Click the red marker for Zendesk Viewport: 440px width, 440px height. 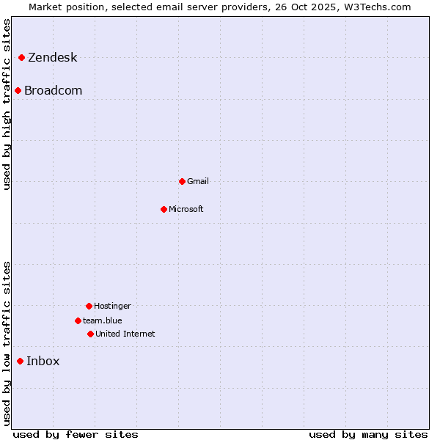coord(22,57)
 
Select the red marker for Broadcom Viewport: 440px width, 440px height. coord(18,90)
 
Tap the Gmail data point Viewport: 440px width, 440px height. coord(182,181)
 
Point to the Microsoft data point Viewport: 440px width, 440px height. coord(164,209)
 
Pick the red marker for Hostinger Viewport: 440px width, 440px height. coord(89,306)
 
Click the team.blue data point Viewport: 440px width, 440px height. coord(78,320)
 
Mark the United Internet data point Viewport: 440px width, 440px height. coord(90,334)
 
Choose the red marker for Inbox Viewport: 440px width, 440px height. coord(21,361)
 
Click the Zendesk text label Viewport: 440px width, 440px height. coord(52,58)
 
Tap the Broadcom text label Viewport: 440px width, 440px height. coord(53,91)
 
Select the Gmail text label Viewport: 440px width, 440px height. coord(198,181)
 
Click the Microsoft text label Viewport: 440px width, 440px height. coord(186,209)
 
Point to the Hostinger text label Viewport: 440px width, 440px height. coord(112,306)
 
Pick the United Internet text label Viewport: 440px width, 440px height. coord(125,334)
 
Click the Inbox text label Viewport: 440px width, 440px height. coord(43,361)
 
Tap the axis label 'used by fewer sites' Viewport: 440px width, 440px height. coord(76,434)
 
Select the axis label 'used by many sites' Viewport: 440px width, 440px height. coord(368,434)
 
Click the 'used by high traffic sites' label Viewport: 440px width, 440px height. coord(7,104)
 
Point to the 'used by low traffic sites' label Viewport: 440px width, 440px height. coord(7,343)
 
